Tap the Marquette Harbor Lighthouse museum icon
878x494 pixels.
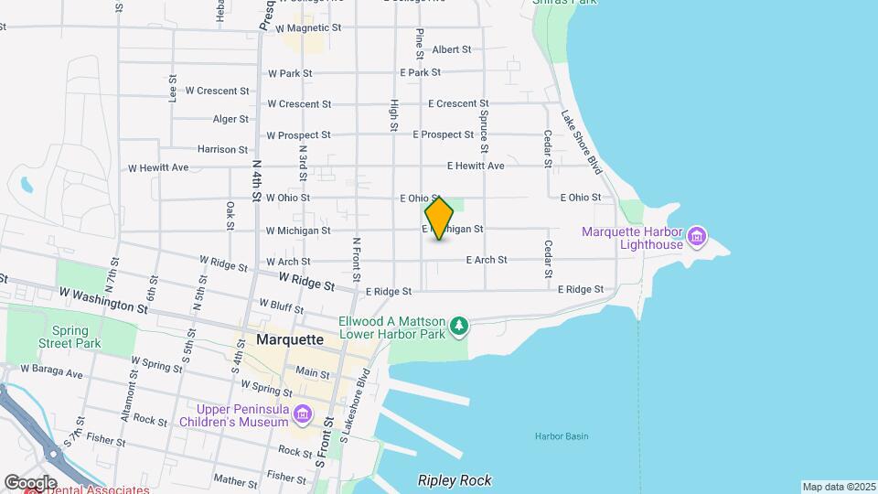[x=697, y=238]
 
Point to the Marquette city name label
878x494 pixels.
[x=290, y=339]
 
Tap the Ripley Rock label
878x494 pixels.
[x=455, y=480]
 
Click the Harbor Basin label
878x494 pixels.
[x=562, y=436]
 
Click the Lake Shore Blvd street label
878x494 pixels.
[x=581, y=143]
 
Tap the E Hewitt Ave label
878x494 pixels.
[x=475, y=166]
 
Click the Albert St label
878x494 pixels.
[x=451, y=49]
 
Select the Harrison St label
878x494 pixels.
[x=222, y=149]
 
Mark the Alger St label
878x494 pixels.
[x=230, y=119]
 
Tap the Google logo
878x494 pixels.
[x=30, y=482]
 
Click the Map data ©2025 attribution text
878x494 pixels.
[x=838, y=487]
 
